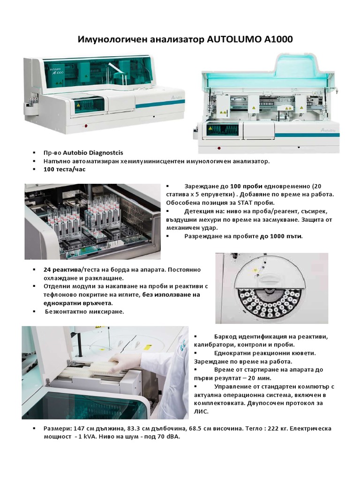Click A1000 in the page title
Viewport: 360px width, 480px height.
278,40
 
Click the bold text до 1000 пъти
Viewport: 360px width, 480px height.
281,236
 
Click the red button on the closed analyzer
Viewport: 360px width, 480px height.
85,126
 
